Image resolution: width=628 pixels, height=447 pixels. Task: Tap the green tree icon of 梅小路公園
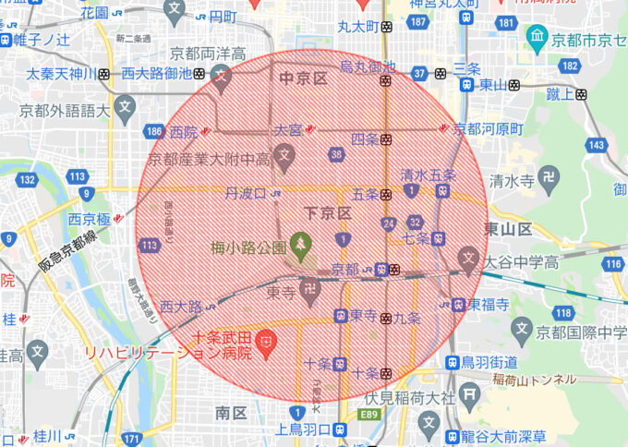coord(299,244)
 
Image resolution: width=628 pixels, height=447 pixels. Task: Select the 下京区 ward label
coord(331,213)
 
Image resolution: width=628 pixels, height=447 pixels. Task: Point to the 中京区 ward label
coord(303,79)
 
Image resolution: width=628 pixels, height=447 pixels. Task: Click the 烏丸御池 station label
coord(368,66)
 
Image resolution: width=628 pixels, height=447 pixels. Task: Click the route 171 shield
coord(134,438)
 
